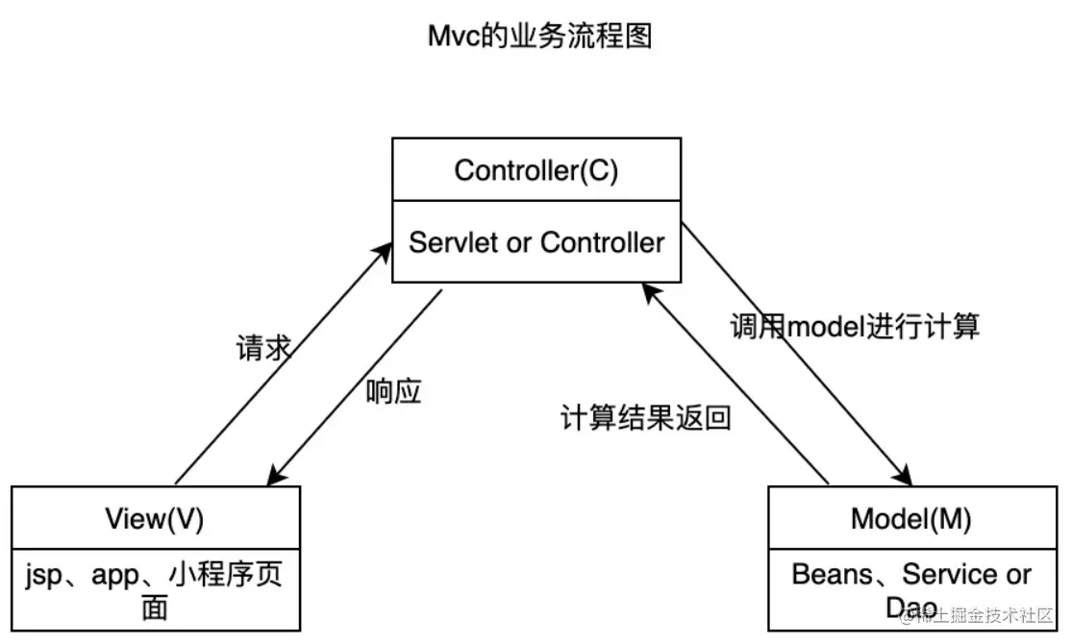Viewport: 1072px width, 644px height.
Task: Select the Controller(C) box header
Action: [x=536, y=170]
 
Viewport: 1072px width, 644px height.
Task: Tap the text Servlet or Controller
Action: [x=536, y=242]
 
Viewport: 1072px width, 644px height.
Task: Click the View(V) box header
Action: [x=155, y=519]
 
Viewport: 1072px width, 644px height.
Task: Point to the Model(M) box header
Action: [x=910, y=519]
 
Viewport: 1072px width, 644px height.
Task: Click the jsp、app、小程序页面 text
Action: [x=155, y=590]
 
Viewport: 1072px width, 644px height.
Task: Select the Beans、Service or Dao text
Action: [x=910, y=588]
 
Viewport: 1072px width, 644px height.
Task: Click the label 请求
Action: [x=262, y=348]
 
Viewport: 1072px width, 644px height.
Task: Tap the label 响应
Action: [x=394, y=391]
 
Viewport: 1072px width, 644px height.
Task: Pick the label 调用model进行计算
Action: [x=854, y=326]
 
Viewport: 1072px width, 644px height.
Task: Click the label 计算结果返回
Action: [x=645, y=418]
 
